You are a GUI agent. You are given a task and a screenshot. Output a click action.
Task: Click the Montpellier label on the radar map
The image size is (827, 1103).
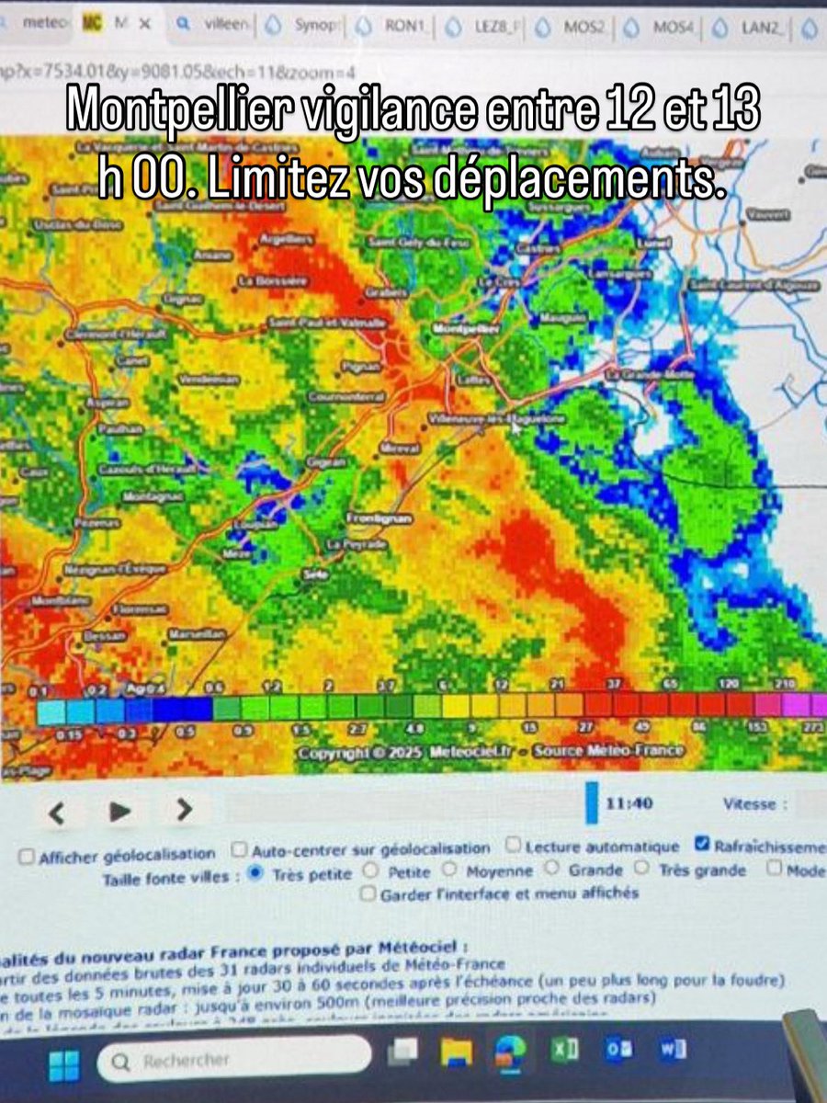465,328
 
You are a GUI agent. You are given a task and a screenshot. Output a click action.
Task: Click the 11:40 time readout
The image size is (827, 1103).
629,803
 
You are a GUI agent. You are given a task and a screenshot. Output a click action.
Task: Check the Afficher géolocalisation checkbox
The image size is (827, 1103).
27,856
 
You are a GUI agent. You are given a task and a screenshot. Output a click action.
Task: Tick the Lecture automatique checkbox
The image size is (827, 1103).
514,845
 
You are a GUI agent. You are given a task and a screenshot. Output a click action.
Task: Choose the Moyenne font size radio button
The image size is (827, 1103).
449,870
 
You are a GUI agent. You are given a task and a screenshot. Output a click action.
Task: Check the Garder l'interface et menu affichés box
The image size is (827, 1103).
368,893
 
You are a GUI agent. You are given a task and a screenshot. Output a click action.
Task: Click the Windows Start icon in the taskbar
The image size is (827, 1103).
63,1067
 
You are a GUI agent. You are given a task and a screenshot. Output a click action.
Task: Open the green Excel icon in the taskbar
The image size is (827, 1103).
567,1051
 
